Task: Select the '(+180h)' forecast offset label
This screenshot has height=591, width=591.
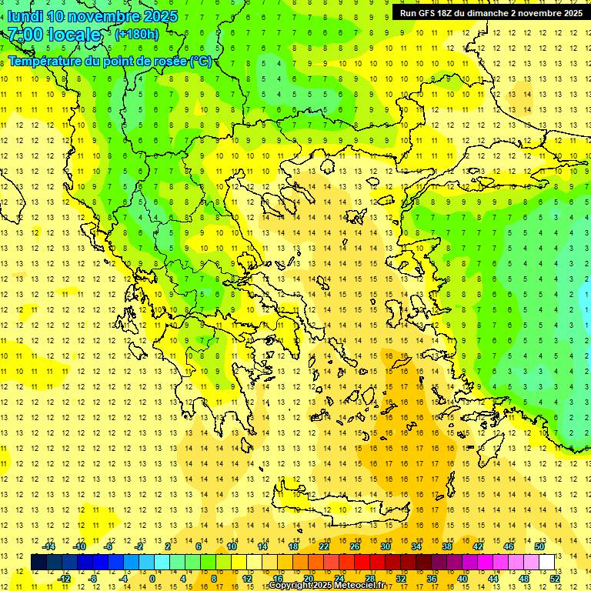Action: pos(137,34)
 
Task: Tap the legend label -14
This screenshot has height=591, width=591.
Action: pos(49,546)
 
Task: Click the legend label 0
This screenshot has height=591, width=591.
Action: pos(152,578)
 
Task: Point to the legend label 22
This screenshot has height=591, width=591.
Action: pos(324,546)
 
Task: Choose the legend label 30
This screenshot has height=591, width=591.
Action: pos(386,546)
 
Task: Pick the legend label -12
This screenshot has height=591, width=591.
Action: pos(65,578)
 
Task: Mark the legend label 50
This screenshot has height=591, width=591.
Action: pos(539,546)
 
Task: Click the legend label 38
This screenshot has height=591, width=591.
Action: pos(447,546)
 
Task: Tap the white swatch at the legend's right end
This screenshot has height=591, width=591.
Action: pos(547,562)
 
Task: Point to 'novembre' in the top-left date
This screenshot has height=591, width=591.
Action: pos(107,16)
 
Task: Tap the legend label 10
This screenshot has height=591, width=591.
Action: pos(232,546)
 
